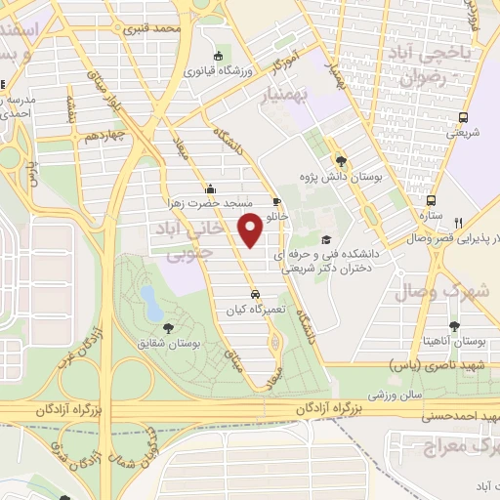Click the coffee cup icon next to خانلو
[276, 201]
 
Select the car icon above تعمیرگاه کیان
[254, 293]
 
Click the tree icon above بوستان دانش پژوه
[340, 161]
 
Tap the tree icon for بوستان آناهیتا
[453, 325]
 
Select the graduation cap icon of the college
[325, 239]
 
